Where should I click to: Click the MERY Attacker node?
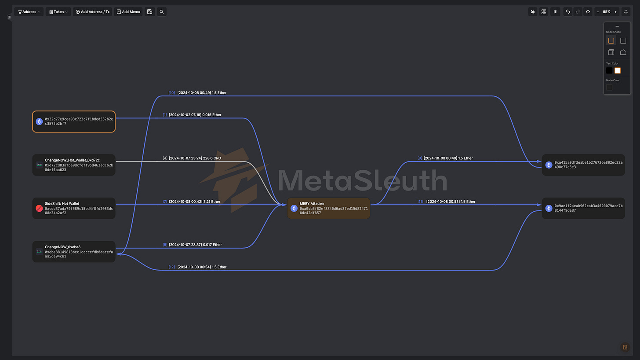(x=328, y=208)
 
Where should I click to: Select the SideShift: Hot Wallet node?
(x=74, y=208)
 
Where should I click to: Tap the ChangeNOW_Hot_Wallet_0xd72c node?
(x=74, y=165)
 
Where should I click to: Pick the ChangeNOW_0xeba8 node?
(x=74, y=251)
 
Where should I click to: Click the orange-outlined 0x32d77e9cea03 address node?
(x=74, y=121)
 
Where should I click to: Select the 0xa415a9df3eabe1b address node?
(x=583, y=165)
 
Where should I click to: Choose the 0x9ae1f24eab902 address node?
(x=583, y=208)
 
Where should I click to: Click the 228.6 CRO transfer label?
(x=195, y=158)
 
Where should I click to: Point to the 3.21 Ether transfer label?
(x=194, y=202)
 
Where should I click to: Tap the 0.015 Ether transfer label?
(x=195, y=115)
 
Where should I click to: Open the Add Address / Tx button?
(x=92, y=12)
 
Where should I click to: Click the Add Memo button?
(x=128, y=12)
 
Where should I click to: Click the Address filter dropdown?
(x=29, y=12)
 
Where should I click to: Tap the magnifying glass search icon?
(x=162, y=12)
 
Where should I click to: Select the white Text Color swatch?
(x=618, y=70)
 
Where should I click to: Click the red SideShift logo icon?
(x=39, y=208)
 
